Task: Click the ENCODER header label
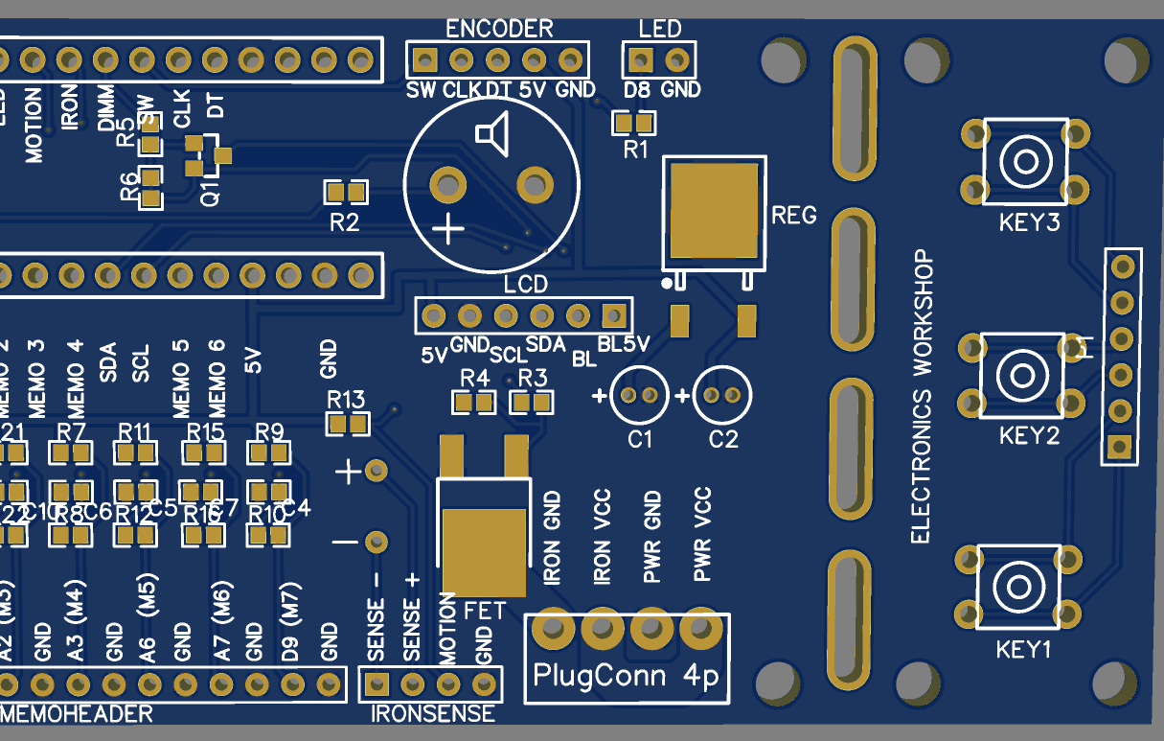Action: pos(499,29)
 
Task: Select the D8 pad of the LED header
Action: pos(641,61)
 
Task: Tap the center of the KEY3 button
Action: pos(1024,161)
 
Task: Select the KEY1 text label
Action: pos(1024,650)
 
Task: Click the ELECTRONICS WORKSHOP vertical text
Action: pos(921,397)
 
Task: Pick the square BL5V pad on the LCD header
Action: pos(613,315)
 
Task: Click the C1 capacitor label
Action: pos(640,440)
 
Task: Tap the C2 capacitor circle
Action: pos(722,395)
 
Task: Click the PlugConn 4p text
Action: pos(626,677)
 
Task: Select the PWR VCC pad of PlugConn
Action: pos(702,629)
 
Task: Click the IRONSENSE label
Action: pos(432,713)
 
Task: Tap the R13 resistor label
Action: pos(346,399)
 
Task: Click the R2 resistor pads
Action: pos(346,193)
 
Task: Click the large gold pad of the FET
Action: pos(484,551)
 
